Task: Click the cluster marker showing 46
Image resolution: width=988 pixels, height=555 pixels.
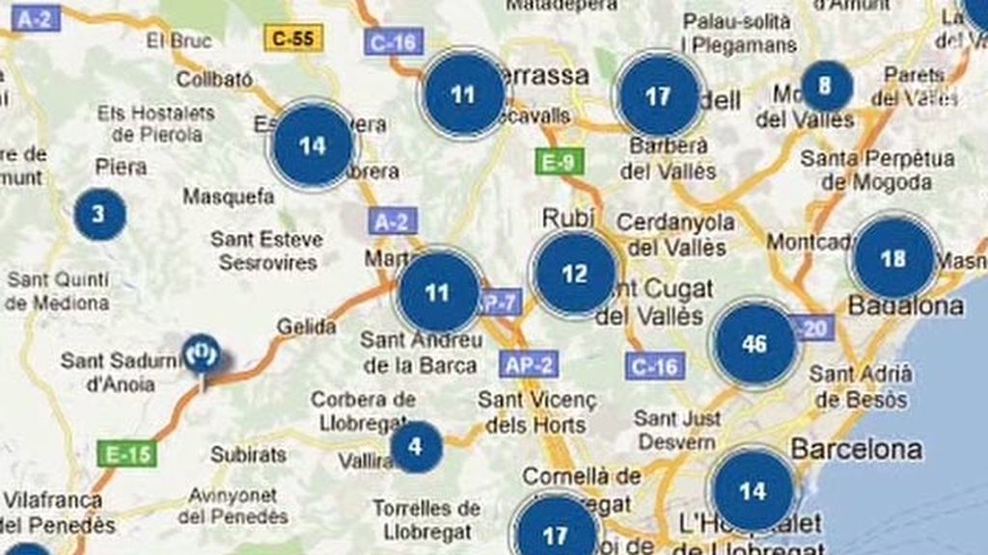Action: pos(755,344)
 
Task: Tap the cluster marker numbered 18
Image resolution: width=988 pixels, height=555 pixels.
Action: pos(893,258)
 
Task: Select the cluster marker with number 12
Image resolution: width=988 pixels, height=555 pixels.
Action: pos(575,274)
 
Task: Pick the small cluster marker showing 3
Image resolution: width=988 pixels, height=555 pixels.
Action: pos(99,214)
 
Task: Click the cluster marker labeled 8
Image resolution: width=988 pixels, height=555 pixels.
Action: pos(825,87)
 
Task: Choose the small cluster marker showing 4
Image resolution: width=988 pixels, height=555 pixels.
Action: pos(416,447)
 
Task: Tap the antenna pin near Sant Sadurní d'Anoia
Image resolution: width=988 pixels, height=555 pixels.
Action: pos(202,354)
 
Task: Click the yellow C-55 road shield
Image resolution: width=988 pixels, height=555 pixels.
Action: pos(293,39)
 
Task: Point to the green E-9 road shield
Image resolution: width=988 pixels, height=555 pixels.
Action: pos(559,161)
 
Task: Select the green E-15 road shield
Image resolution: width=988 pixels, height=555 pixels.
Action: pos(126,454)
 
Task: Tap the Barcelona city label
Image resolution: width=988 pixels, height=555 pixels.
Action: pos(856,449)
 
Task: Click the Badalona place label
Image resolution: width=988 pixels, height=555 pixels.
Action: pos(905,306)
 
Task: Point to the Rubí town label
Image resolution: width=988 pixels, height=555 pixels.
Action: pos(568,219)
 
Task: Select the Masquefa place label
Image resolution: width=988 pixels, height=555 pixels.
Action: pos(229,197)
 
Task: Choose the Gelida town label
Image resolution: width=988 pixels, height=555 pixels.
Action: pos(307,328)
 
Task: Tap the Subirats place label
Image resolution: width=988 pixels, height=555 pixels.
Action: pos(248,454)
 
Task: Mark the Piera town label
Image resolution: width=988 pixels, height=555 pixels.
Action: pos(122,167)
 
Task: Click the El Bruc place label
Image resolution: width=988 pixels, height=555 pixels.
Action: pos(178,40)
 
